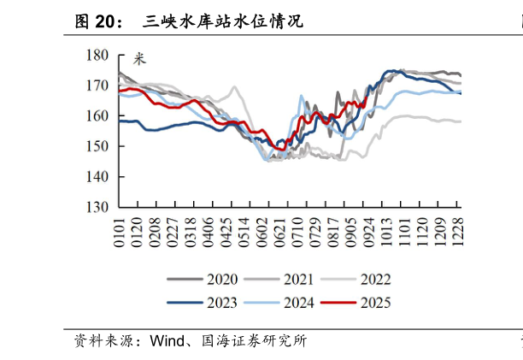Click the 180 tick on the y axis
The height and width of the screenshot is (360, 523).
(97, 55)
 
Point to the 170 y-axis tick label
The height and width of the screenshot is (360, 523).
(97, 86)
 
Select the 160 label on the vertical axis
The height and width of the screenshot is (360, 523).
(97, 115)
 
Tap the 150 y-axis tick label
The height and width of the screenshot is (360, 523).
(97, 146)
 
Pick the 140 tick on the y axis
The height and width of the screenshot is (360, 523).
(97, 177)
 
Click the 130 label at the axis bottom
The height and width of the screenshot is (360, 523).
(97, 207)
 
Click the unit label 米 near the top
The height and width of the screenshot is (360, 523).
(140, 59)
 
